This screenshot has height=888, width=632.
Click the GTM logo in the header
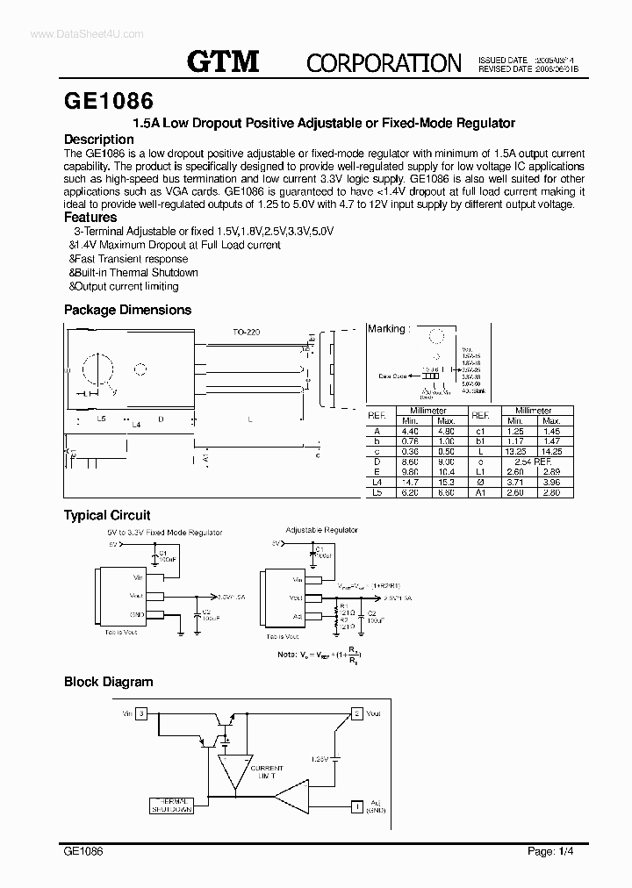coord(223,61)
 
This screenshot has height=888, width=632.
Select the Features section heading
coord(90,217)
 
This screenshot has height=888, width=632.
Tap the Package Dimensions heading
coord(127,310)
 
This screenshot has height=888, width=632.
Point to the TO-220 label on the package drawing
coord(246,333)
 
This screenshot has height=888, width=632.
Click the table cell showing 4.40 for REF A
coord(410,431)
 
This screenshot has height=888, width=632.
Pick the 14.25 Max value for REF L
coord(552,450)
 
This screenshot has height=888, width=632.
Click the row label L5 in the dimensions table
coord(377,492)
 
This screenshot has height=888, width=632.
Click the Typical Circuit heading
coord(107,516)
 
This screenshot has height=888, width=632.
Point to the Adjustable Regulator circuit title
coord(322,530)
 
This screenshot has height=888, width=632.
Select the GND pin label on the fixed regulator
coord(137,614)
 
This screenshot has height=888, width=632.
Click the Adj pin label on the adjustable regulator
coord(298,616)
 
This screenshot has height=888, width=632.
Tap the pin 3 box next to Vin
coord(143,714)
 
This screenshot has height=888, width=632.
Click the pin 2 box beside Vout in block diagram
coord(357,714)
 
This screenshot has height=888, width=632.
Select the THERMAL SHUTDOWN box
coord(172,806)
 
